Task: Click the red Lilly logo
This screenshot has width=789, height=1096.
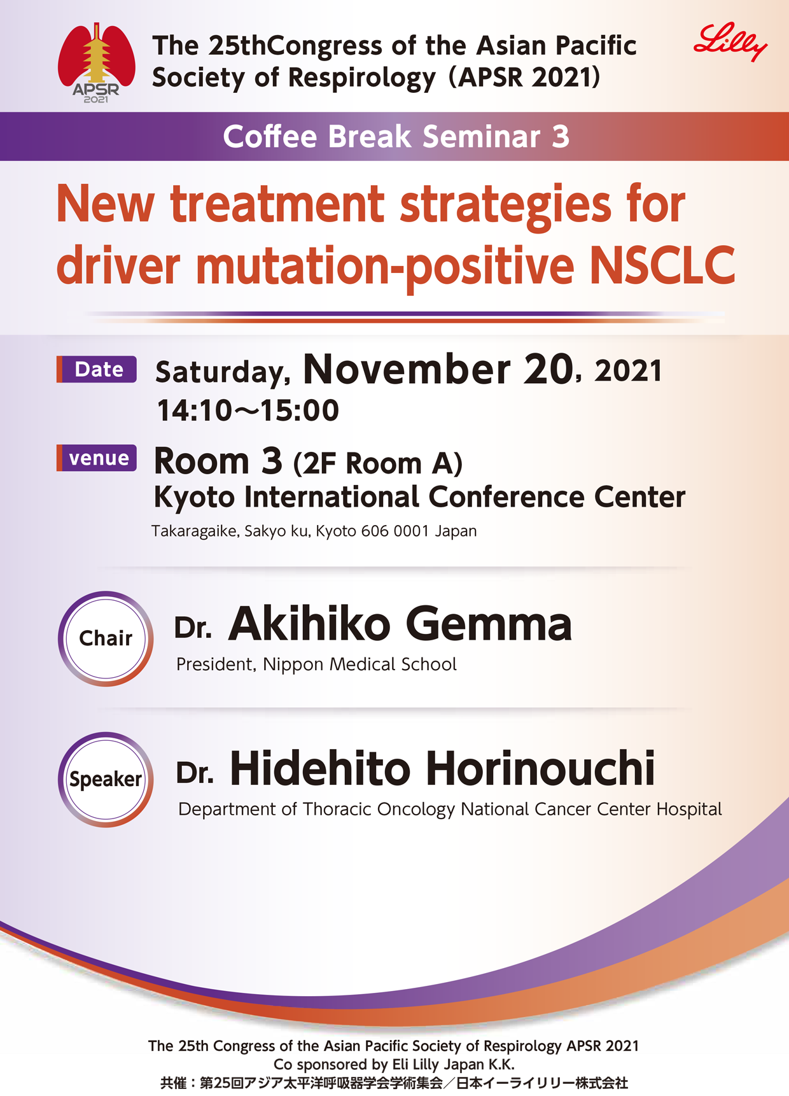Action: [x=730, y=43]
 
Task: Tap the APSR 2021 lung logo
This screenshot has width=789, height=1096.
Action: [x=97, y=63]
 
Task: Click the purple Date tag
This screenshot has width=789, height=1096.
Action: [x=97, y=369]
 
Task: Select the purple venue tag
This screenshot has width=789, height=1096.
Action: [x=97, y=458]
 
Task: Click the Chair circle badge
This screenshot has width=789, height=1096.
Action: [x=106, y=638]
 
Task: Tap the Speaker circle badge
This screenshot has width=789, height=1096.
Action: [x=106, y=779]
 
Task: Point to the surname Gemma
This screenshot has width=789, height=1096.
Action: [x=489, y=624]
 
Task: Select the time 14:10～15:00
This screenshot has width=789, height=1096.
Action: [x=248, y=411]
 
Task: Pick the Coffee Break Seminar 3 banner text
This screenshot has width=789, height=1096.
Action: [x=396, y=137]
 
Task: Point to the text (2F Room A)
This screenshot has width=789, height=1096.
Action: [x=378, y=463]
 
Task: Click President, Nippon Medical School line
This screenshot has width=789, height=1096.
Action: [x=316, y=664]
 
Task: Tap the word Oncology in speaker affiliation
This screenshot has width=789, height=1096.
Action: [x=416, y=810]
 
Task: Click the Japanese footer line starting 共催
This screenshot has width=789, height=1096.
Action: [x=394, y=1083]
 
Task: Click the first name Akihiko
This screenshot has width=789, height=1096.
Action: [x=310, y=624]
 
